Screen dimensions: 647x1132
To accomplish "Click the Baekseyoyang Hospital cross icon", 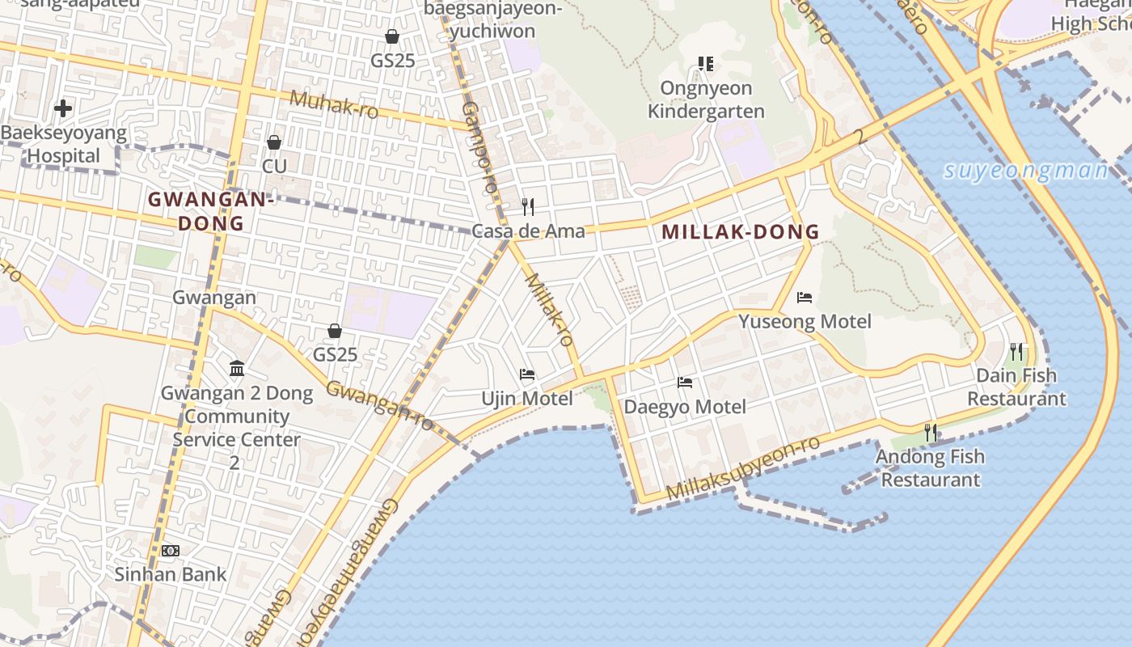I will pyautogui.click(x=63, y=108).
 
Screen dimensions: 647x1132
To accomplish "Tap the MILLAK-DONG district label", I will pyautogui.click(x=741, y=232).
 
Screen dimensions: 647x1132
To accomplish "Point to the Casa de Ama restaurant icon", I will pyautogui.click(x=528, y=207).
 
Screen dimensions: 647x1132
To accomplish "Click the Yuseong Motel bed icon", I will pyautogui.click(x=804, y=298).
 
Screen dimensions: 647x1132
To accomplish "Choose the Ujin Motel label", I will pyautogui.click(x=527, y=399).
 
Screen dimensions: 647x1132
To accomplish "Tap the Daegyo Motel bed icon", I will pyautogui.click(x=685, y=383).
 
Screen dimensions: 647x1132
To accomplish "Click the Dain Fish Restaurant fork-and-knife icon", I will pyautogui.click(x=1016, y=352).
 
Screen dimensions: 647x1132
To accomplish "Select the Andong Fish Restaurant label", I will pyautogui.click(x=930, y=468).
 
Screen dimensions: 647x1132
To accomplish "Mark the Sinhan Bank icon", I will pyautogui.click(x=170, y=551).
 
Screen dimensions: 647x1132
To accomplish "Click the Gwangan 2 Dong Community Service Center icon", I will pyautogui.click(x=237, y=370).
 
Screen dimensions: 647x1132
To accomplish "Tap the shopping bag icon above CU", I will pyautogui.click(x=274, y=142).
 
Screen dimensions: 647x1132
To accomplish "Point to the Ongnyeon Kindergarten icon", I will pyautogui.click(x=706, y=63).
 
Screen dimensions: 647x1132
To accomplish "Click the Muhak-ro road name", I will pyautogui.click(x=334, y=104).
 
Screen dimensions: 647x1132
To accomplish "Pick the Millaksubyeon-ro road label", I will pyautogui.click(x=743, y=468).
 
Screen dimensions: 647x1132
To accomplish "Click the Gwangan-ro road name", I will pyautogui.click(x=379, y=404).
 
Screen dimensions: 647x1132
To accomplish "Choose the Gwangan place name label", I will pyautogui.click(x=213, y=298).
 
